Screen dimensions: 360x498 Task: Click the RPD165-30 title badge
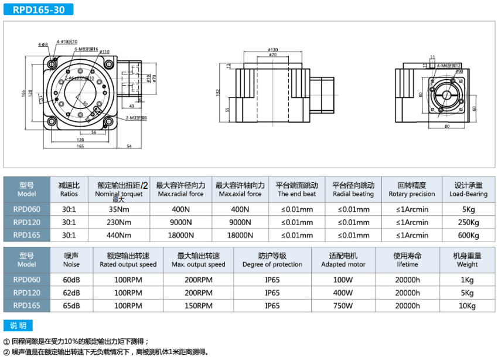click(x=38, y=9)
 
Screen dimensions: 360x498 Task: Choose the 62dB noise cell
click(x=71, y=293)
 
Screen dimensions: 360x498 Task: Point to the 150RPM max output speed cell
click(x=198, y=306)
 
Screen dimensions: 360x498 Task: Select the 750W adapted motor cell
click(x=343, y=306)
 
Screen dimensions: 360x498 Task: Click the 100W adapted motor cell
click(x=343, y=280)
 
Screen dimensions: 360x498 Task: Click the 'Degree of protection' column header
click(x=272, y=260)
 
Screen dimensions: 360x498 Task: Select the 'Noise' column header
click(x=71, y=260)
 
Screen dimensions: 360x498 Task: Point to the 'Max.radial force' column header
click(x=180, y=189)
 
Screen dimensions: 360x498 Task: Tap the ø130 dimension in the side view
click(x=272, y=49)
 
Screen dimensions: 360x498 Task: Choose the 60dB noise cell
click(x=71, y=280)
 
